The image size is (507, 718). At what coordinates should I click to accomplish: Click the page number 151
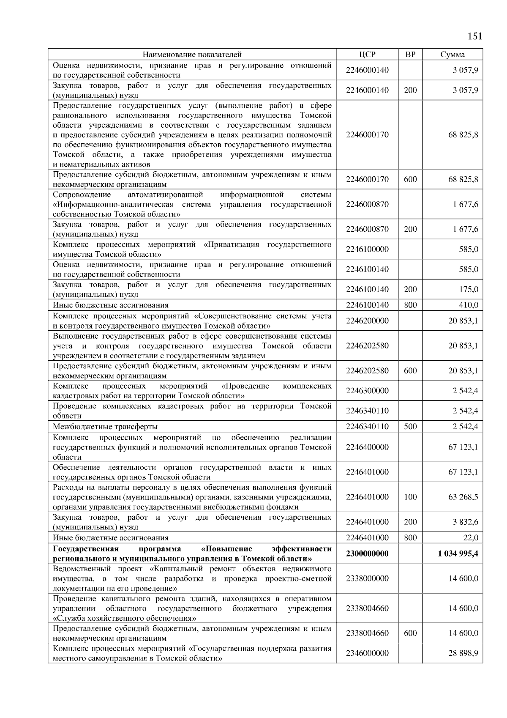click(x=475, y=36)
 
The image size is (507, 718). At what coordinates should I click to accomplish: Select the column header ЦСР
click(x=367, y=55)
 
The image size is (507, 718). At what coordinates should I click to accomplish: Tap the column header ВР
click(x=410, y=55)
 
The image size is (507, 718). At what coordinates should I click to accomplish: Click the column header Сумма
click(x=452, y=55)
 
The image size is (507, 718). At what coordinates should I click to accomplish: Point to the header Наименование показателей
click(x=192, y=55)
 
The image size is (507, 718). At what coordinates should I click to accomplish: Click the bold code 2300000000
click(x=367, y=554)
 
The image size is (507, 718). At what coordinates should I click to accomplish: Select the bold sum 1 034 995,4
click(x=458, y=554)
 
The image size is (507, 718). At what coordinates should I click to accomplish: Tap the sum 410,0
click(x=469, y=305)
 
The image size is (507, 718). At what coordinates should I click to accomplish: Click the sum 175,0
click(x=469, y=289)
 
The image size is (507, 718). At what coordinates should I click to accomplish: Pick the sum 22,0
click(x=471, y=537)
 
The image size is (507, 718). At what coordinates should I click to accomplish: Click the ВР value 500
click(x=410, y=426)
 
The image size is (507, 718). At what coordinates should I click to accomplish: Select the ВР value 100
click(x=410, y=497)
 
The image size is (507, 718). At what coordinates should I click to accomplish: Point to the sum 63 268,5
click(x=463, y=497)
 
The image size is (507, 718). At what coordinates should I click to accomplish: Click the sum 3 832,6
click(x=466, y=522)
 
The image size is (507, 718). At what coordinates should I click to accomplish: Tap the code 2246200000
click(x=367, y=321)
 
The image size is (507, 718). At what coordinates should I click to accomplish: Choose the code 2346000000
click(x=367, y=653)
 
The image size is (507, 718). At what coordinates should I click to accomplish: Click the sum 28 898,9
click(x=463, y=653)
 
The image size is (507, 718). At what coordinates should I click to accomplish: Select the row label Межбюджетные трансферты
click(x=105, y=427)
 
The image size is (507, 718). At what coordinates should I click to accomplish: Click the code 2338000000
click(x=367, y=578)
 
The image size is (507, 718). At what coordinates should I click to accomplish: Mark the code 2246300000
click(x=367, y=391)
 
